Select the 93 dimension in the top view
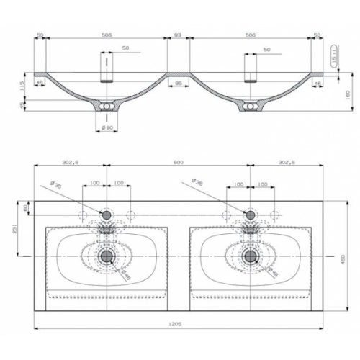179,35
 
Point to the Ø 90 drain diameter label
107,127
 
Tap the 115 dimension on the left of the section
22,85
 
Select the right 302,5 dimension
286,162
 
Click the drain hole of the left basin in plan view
107,256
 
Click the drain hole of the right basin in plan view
251,256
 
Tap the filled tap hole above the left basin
107,214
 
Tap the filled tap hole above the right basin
251,214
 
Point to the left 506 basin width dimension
107,35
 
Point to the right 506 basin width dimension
251,35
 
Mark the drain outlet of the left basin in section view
107,107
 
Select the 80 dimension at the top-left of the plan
27,208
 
